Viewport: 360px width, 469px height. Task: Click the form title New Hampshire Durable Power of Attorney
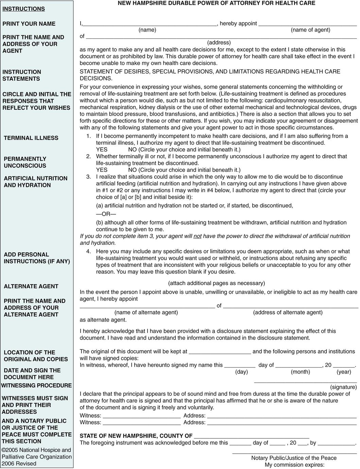tap(216, 3)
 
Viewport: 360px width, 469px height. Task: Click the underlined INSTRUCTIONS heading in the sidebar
tap(23, 9)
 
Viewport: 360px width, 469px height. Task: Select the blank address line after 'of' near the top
tap(221, 37)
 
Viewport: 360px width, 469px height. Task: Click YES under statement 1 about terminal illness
tap(102, 150)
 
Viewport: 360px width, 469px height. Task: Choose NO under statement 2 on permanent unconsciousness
tap(133, 170)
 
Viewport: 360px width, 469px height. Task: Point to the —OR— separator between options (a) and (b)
tap(106, 214)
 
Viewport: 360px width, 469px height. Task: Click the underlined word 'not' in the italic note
tap(198, 236)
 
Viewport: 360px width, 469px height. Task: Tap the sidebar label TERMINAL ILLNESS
tap(31, 138)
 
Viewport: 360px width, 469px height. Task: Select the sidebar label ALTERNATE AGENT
tap(31, 286)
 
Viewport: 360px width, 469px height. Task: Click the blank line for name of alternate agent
tap(147, 306)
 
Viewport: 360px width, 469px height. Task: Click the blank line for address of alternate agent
tap(291, 306)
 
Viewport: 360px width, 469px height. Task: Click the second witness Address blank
tap(282, 423)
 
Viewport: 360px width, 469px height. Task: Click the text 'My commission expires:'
tap(294, 465)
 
